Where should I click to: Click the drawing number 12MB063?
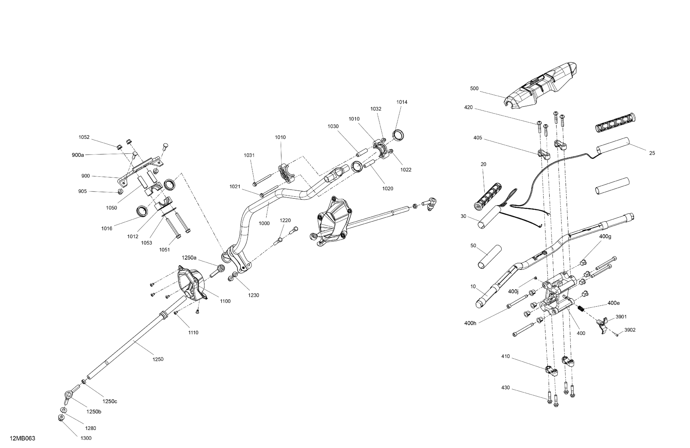click(x=22, y=438)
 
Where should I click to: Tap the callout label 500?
click(x=474, y=89)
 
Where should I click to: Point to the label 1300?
click(x=86, y=438)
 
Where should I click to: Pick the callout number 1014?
click(x=402, y=102)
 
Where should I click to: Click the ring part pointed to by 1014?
click(x=399, y=135)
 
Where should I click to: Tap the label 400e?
click(x=613, y=303)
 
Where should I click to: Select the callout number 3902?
click(x=630, y=330)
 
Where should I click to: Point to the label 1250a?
click(x=189, y=257)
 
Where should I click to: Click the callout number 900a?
click(x=78, y=155)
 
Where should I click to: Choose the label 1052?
click(x=84, y=137)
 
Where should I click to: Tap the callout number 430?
click(x=505, y=388)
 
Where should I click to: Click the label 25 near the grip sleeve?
click(x=652, y=153)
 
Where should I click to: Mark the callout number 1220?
click(x=285, y=220)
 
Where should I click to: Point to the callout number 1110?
click(x=193, y=333)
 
